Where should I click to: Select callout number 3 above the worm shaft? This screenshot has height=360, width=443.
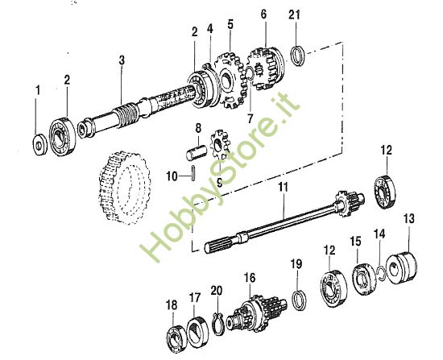pyautogui.click(x=122, y=60)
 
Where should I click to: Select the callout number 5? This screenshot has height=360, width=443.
pyautogui.click(x=230, y=25)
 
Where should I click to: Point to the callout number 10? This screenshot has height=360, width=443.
pyautogui.click(x=170, y=175)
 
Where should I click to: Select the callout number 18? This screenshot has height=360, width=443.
pyautogui.click(x=171, y=304)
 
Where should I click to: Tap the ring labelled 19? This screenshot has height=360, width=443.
pyautogui.click(x=297, y=298)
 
